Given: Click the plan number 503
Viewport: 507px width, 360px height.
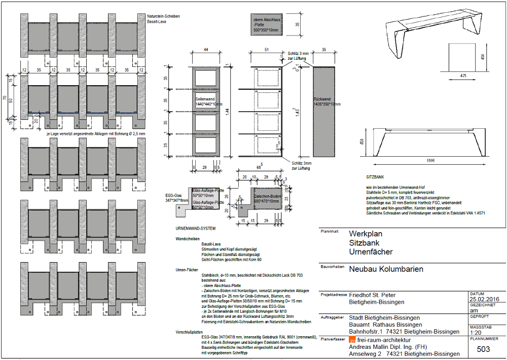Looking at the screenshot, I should click(x=484, y=349).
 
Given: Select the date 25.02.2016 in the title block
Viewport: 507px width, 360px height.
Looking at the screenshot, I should click(x=485, y=299).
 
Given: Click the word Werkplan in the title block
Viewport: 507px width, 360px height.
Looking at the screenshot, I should click(x=366, y=234).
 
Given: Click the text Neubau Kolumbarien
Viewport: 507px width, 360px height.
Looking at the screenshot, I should click(x=386, y=269).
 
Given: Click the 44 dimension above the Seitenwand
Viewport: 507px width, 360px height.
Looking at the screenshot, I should click(x=206, y=49).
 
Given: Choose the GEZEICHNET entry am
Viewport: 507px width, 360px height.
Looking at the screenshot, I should click(x=474, y=310).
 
